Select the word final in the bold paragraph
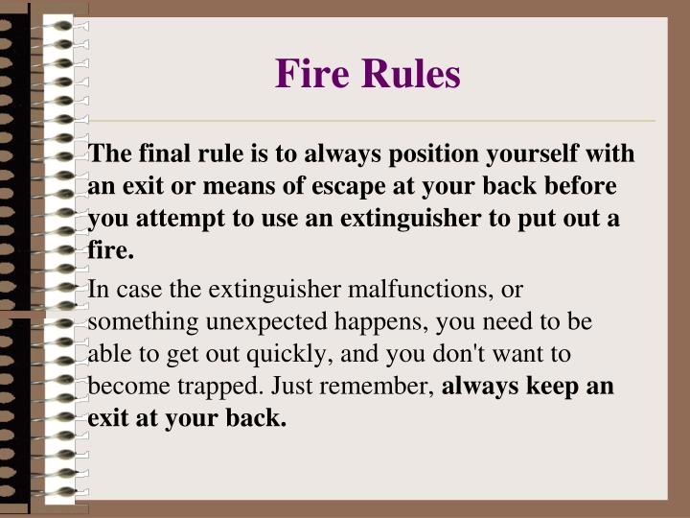coord(164,153)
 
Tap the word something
coord(132,321)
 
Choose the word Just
coord(292,387)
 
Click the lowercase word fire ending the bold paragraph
coord(109,251)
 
